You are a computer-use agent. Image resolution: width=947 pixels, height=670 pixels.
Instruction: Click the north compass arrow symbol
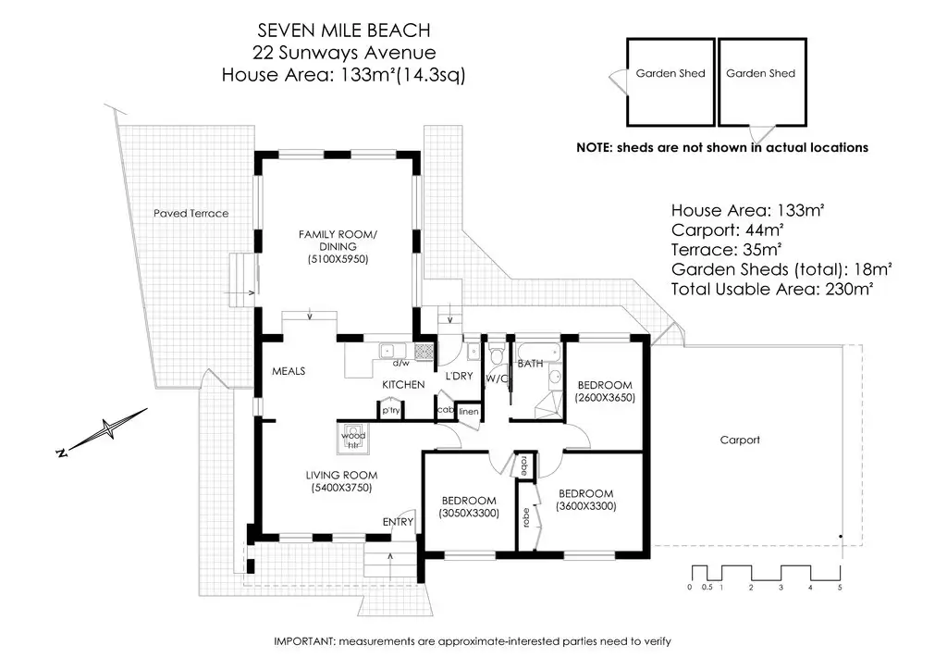point(104,430)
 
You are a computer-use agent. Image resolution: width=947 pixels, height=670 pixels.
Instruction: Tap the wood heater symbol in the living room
point(353,438)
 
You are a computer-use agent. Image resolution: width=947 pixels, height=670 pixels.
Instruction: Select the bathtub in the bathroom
point(537,351)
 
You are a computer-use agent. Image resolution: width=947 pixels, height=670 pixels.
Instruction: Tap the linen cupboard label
point(469,412)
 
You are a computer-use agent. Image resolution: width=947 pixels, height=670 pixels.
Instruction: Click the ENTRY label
point(398,521)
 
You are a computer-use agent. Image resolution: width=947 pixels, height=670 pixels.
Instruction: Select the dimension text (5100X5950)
point(338,259)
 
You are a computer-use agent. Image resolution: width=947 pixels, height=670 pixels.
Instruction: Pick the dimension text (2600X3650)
point(605,398)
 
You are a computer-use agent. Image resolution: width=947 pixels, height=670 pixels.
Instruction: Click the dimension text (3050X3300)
point(469,514)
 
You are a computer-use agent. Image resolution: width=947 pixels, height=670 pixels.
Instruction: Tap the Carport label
point(740,440)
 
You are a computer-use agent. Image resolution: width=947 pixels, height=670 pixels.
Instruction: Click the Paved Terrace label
point(191,213)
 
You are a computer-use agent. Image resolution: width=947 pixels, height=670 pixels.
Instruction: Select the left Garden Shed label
point(670,73)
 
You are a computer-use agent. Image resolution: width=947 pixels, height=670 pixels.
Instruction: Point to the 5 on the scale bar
point(840,588)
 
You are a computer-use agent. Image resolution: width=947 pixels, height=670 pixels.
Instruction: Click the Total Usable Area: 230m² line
point(772,289)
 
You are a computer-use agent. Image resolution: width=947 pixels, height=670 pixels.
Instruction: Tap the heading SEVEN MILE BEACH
point(344,31)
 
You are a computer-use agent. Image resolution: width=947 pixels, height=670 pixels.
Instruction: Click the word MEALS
point(289,371)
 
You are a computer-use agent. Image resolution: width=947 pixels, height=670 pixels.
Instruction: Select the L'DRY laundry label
point(459,376)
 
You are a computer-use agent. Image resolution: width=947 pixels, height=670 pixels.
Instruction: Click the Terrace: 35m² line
point(727,250)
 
